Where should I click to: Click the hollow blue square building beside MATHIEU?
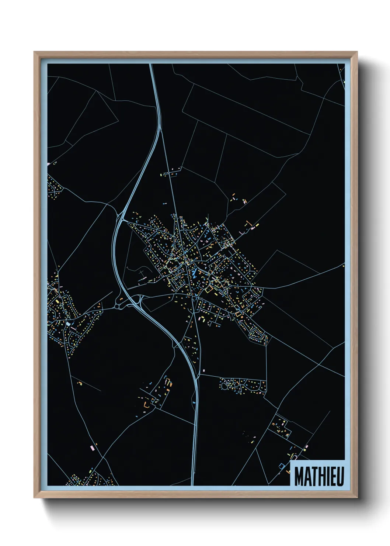[x=282, y=466]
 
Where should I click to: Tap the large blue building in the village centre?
[x=194, y=274]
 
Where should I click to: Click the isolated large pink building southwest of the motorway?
[x=92, y=447]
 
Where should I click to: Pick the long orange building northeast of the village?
[x=248, y=223]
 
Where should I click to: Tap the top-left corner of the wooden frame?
[x=35, y=53]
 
